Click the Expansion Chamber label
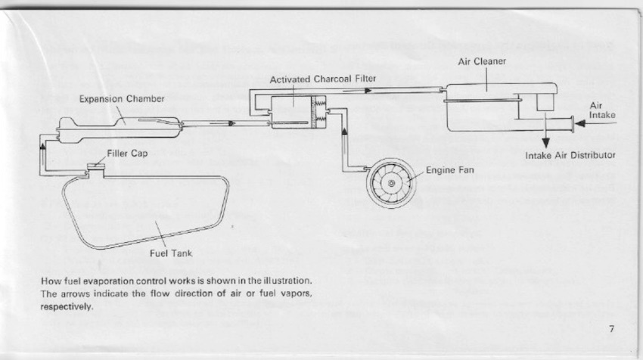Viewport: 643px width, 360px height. [x=111, y=99]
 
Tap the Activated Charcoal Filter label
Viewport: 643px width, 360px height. [x=323, y=79]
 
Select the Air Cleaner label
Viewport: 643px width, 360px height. [x=482, y=61]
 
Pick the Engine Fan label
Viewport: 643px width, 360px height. [x=449, y=170]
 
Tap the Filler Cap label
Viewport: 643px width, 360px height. [x=126, y=154]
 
